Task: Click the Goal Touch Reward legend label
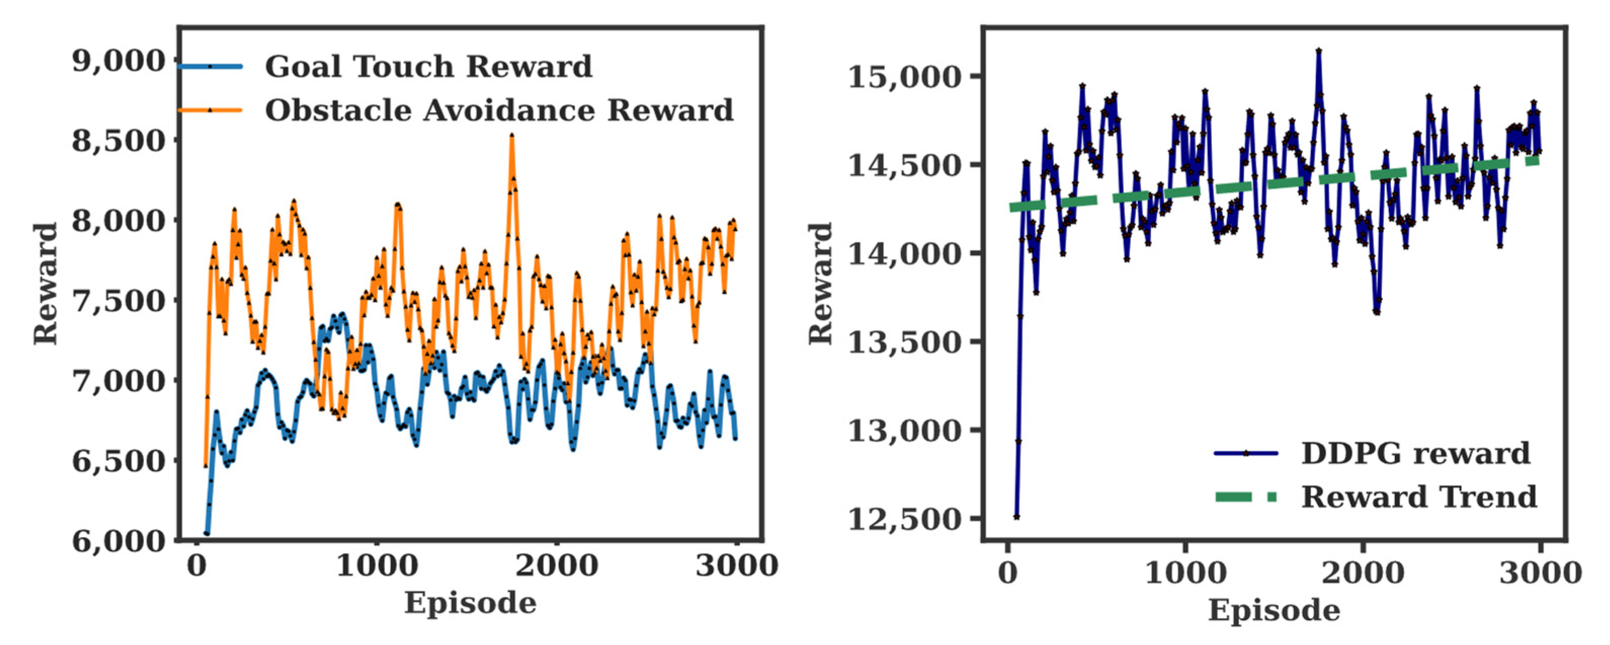pos(428,66)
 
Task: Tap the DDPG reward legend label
pos(1415,453)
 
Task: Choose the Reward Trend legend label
pos(1419,497)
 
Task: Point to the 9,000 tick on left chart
pos(119,61)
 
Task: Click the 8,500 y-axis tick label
pos(119,141)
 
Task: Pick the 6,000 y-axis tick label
pos(119,541)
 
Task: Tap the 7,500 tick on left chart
pos(119,301)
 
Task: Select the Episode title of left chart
pos(470,603)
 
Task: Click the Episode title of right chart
pos(1274,610)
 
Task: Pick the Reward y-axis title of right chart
pos(821,283)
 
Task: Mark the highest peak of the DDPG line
pos(1319,50)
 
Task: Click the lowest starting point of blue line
pos(207,534)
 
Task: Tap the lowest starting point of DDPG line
pos(1017,517)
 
